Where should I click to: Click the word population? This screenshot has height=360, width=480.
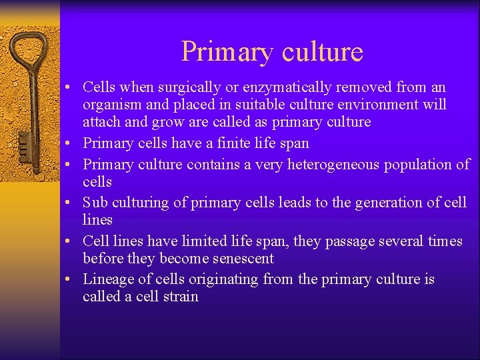(421, 164)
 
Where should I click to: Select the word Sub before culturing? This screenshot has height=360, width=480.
(95, 202)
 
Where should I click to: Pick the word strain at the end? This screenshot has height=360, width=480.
(180, 297)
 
